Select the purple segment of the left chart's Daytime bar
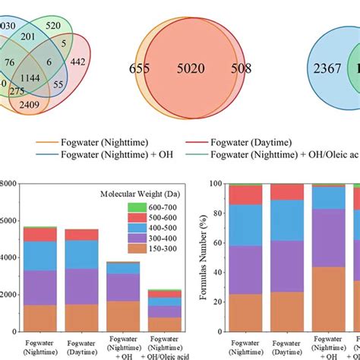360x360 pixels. click(81, 286)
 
